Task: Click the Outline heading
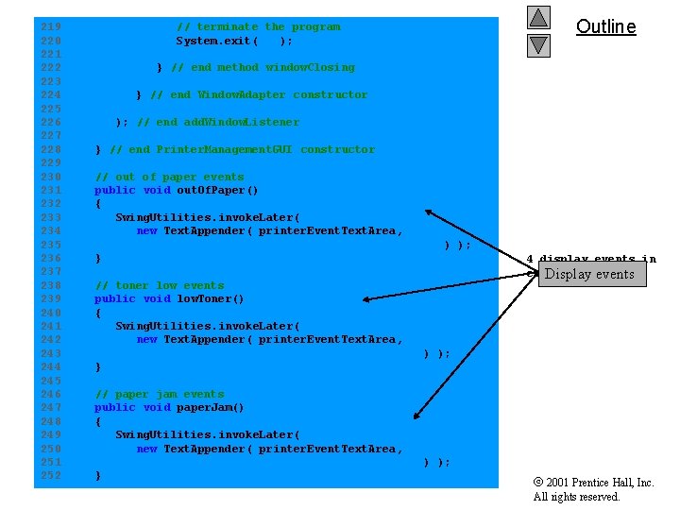(x=606, y=26)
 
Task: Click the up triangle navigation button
(x=538, y=17)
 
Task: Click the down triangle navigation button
(x=538, y=44)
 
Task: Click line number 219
(x=51, y=26)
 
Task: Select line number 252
(x=51, y=475)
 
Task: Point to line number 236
(x=51, y=258)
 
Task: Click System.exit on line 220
(x=213, y=41)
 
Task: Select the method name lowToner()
(x=211, y=298)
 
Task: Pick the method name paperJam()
(x=211, y=407)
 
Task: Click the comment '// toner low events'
(x=160, y=285)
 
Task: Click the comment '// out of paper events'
(x=170, y=177)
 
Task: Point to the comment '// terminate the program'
(x=258, y=26)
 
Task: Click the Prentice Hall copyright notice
(x=593, y=489)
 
